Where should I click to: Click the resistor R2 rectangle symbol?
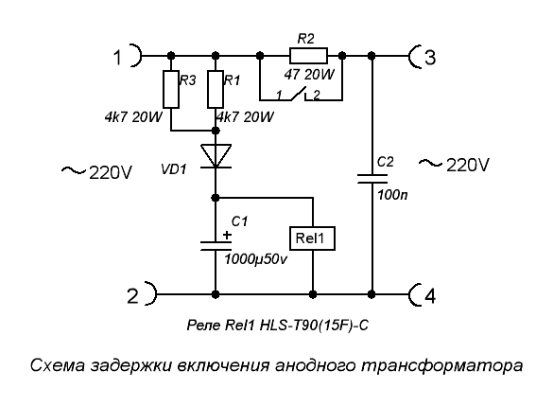coord(308,56)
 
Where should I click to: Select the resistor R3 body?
coord(171,89)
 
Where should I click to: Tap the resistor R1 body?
coord(216,89)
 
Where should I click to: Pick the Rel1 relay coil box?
coord(312,238)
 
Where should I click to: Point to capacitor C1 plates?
coord(216,246)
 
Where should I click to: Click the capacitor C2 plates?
coord(372,179)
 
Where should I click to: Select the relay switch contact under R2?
coord(298,95)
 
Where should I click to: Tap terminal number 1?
coord(118,57)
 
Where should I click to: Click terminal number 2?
coord(132,296)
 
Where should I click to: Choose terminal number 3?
coord(430,57)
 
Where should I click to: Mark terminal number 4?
coord(429,296)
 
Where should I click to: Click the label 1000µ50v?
coord(255,259)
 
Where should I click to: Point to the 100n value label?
coord(392,195)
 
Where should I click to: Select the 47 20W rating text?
coord(309,75)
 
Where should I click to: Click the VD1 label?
coord(174,169)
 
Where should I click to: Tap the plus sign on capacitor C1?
coord(227,235)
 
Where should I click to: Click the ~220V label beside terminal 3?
coord(454,165)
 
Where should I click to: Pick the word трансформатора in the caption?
coord(441,365)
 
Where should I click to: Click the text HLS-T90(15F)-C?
coord(314,326)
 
